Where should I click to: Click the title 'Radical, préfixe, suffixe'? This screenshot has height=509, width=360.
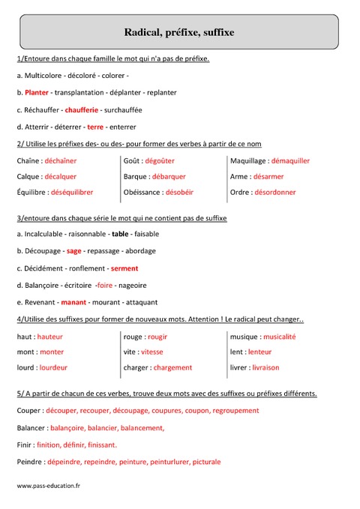179,32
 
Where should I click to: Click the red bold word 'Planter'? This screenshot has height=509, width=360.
37,92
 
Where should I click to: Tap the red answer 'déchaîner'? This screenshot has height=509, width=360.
60,160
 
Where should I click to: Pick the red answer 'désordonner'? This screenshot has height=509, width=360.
274,192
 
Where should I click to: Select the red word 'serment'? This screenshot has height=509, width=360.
124,268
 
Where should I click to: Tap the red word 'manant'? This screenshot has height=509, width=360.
73,302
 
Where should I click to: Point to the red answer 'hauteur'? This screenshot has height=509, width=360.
49,337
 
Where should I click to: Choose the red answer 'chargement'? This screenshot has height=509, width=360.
173,368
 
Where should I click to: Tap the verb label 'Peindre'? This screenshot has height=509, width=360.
29,462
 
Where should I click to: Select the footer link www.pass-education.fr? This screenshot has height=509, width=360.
48,487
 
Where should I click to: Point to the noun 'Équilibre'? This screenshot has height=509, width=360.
31,192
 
